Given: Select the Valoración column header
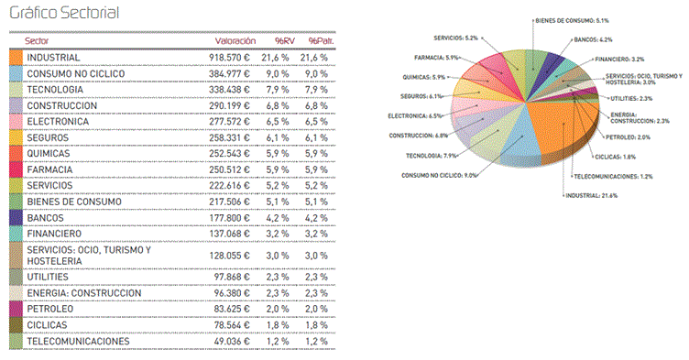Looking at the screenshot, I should tap(235, 41).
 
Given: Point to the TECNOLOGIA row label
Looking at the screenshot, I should tap(56, 90).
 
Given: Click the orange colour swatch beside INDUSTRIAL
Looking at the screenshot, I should tap(15, 58).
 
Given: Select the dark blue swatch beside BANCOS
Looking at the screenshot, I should tap(15, 218).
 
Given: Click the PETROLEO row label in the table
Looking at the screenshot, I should tap(51, 310).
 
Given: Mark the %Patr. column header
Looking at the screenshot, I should tap(318, 41).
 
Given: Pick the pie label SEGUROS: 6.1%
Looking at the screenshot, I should tap(421, 95).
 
